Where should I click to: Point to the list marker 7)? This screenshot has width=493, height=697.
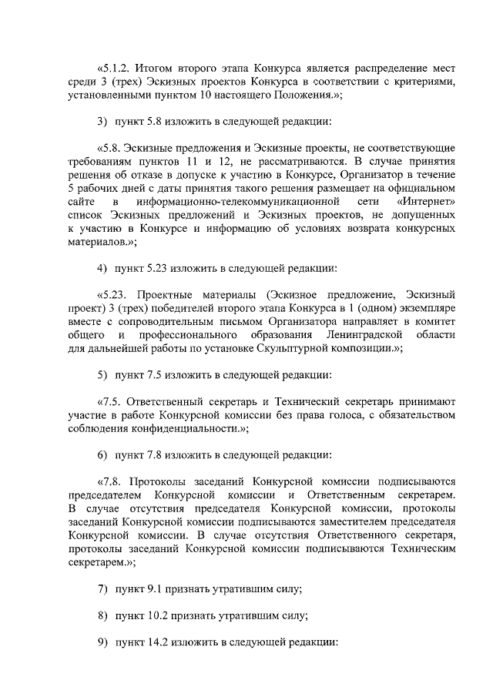[102, 589]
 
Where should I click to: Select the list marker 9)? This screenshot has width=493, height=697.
[102, 642]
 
